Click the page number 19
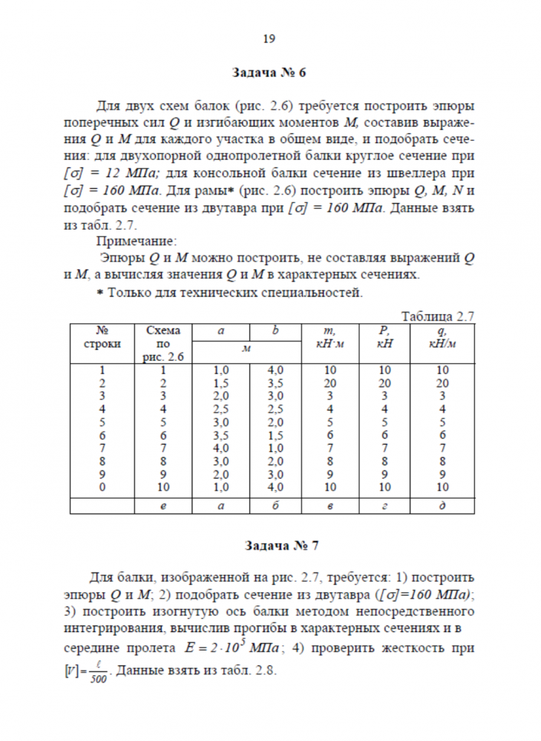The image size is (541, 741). click(269, 39)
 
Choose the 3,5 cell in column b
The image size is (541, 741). click(276, 383)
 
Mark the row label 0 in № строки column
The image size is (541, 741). click(102, 487)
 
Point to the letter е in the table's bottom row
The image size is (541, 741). click(163, 505)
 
